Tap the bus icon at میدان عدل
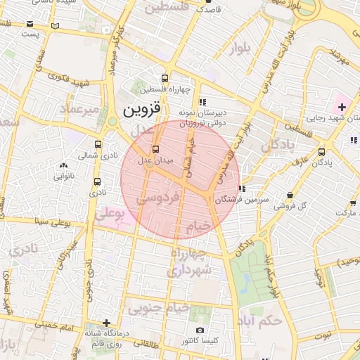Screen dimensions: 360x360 (155, 149)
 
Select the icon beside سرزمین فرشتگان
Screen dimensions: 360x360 (243, 188)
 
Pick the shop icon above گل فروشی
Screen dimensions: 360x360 (290, 195)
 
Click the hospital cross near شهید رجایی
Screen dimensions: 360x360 (342, 107)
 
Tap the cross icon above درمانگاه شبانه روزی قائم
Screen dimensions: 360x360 (105, 323)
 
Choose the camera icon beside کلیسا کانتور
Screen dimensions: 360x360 (200, 330)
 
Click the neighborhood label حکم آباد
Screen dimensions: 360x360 (261, 321)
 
